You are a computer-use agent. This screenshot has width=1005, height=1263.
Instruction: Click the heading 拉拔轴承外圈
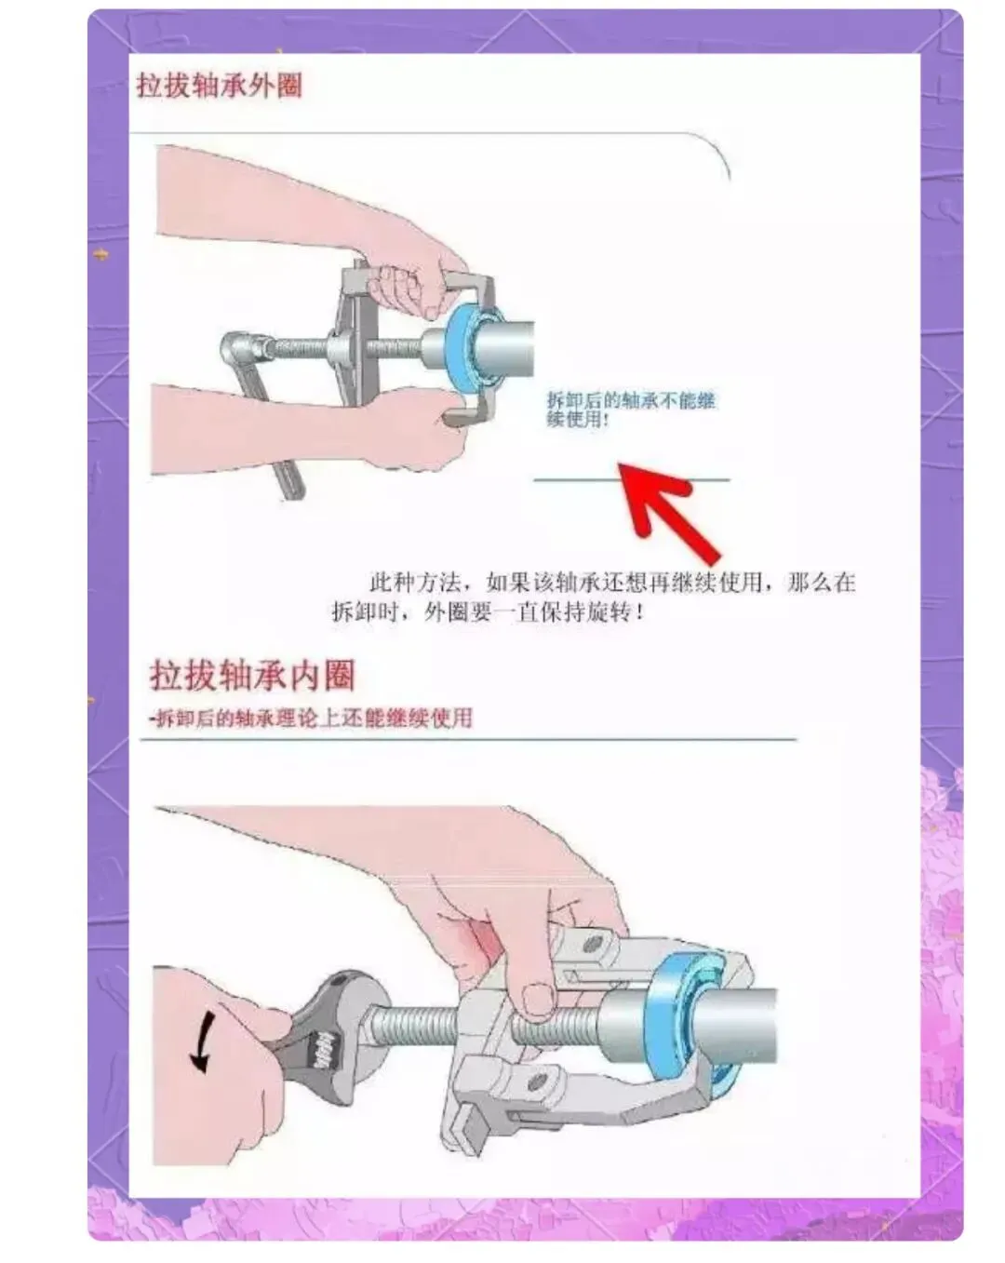pyautogui.click(x=219, y=86)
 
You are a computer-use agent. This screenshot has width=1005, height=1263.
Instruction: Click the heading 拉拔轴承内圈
pyautogui.click(x=252, y=675)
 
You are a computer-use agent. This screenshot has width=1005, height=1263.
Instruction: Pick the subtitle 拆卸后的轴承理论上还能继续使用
pyautogui.click(x=311, y=719)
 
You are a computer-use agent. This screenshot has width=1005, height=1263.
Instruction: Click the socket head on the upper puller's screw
pyautogui.click(x=240, y=349)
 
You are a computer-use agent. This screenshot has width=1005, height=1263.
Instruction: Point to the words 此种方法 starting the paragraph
pyautogui.click(x=415, y=583)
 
